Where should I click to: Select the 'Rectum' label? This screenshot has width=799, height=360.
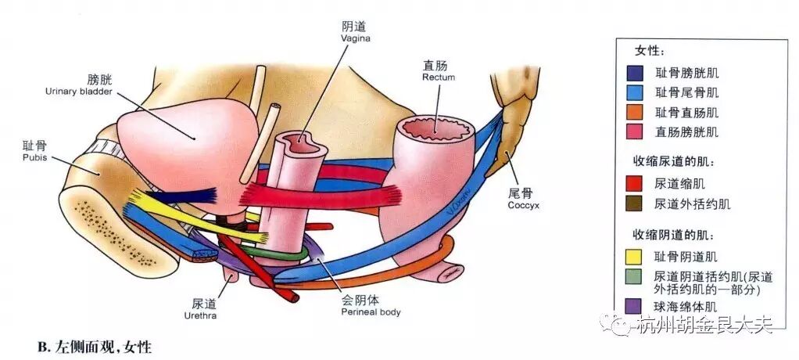coord(438,77)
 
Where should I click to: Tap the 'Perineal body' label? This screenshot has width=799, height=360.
coord(371,311)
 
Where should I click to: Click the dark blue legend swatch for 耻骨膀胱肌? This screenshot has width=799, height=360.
coord(635,73)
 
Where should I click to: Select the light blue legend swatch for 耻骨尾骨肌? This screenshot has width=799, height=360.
coord(635,92)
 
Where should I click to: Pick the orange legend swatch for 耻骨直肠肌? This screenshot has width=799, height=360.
coord(635,112)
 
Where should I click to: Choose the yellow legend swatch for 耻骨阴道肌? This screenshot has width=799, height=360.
coord(635,256)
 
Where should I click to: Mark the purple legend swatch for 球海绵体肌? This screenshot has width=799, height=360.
coord(635,306)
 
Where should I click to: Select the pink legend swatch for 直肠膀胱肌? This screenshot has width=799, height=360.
coord(635,131)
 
